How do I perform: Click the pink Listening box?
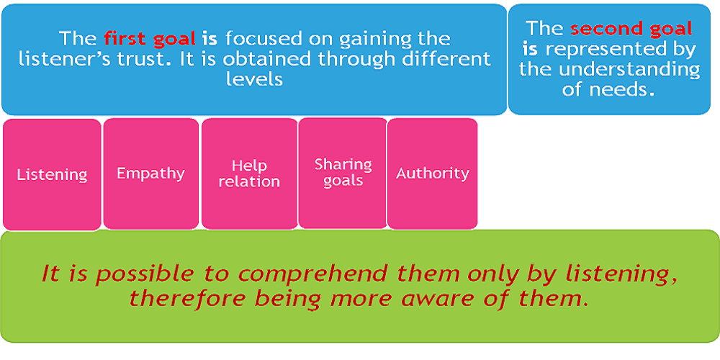click(52, 174)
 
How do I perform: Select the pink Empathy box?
click(151, 174)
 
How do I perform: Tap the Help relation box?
click(249, 174)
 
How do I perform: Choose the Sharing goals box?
click(343, 173)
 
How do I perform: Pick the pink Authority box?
click(433, 173)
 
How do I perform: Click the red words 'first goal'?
click(150, 39)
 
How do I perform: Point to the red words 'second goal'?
click(631, 30)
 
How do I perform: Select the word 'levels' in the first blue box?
click(254, 79)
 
